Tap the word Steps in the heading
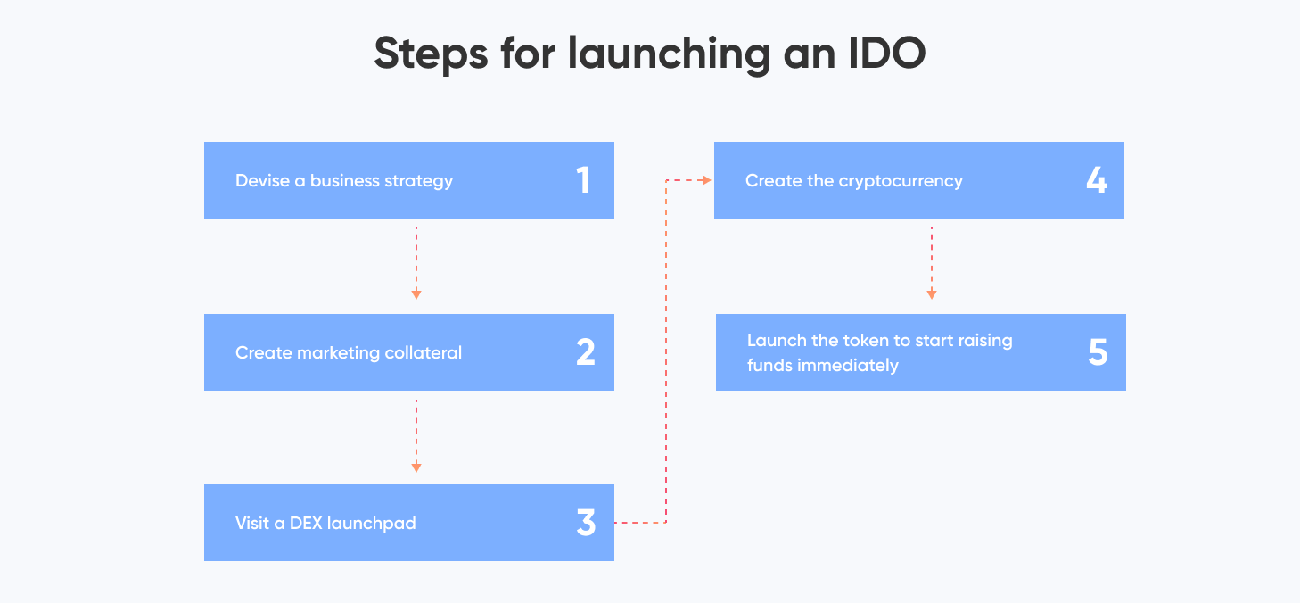coord(431,54)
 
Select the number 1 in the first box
coord(583,180)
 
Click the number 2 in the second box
coord(585,352)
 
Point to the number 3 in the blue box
coord(585,523)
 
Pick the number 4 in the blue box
coord(1096,180)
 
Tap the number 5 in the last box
coord(1098,352)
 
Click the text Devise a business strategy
coord(344,181)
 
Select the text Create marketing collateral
coord(349,353)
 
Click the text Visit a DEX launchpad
coord(325,524)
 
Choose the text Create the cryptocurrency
coord(854,181)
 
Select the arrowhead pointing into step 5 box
coord(932,293)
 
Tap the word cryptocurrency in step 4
coord(901,181)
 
